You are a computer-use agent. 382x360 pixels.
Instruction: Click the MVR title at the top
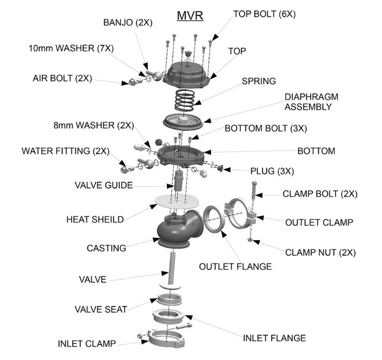[x=190, y=16]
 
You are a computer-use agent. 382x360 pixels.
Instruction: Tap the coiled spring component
[x=184, y=100]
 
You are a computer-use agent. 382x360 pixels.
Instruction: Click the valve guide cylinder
[x=178, y=180]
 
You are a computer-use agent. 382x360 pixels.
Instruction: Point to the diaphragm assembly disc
[x=183, y=122]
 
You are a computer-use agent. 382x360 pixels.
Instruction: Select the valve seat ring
[x=170, y=299]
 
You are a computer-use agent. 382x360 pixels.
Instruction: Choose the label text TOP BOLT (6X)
[x=265, y=14]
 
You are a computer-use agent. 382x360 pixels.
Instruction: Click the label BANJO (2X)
[x=128, y=23]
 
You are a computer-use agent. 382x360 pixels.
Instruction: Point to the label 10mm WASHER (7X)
[x=71, y=48]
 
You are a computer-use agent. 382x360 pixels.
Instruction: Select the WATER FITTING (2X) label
[x=66, y=151]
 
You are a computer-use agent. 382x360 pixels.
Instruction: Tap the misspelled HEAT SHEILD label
[x=95, y=220]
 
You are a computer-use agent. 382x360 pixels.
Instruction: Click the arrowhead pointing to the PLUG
[x=227, y=170]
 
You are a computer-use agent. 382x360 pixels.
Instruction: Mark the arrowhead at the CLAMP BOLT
[x=259, y=195]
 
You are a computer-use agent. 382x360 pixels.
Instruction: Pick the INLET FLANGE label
[x=274, y=338]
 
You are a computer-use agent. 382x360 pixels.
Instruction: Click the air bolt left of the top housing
[x=136, y=81]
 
